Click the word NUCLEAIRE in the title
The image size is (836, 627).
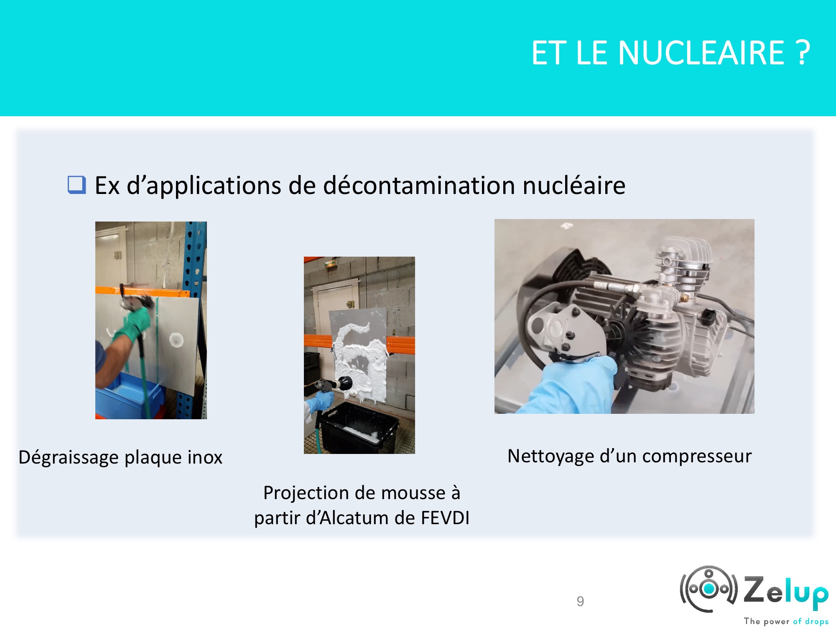tap(701, 53)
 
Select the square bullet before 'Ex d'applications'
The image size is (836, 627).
tap(77, 185)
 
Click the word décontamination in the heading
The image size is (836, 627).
tap(419, 185)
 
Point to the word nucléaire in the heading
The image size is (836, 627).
tap(574, 185)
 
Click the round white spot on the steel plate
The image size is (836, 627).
tap(176, 340)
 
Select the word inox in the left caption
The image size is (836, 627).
tap(205, 457)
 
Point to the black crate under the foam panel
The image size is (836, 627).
tap(357, 428)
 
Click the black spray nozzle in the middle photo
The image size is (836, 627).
tap(334, 384)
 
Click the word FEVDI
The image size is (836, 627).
tap(445, 518)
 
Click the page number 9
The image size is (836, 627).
tap(580, 602)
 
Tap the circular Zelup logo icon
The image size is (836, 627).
tap(709, 589)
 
